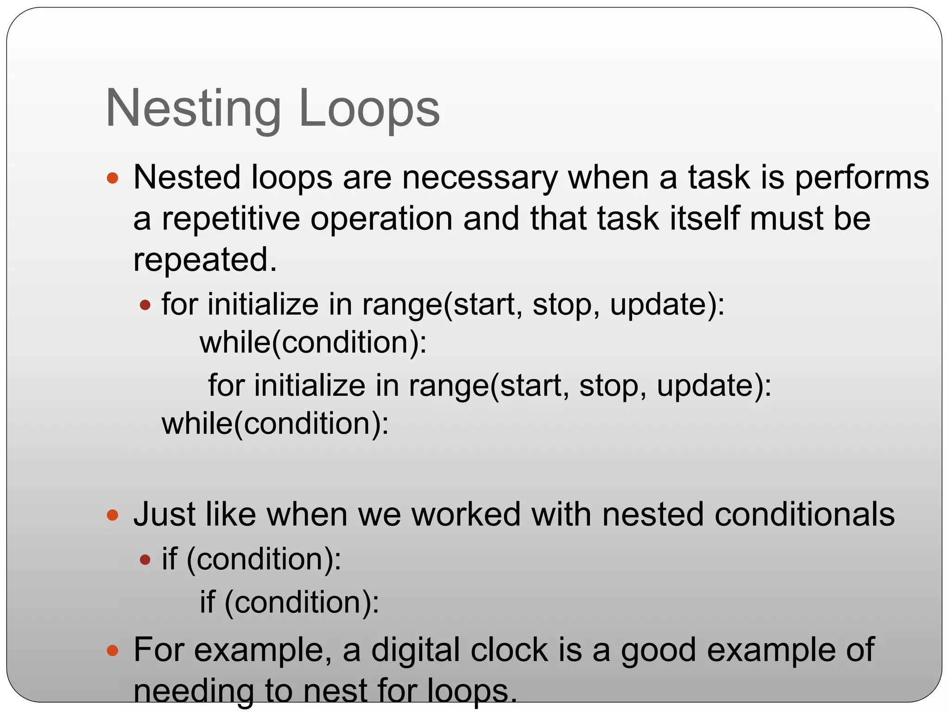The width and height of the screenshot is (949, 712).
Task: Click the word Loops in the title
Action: (x=369, y=109)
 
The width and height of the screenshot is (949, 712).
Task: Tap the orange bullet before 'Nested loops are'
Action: (x=113, y=178)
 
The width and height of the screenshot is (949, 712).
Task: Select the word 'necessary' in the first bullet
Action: (x=480, y=178)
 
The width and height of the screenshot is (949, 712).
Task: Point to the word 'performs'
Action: (x=862, y=178)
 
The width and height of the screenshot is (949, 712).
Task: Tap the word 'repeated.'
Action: (x=205, y=260)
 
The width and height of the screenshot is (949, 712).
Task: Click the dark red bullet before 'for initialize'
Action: (x=146, y=305)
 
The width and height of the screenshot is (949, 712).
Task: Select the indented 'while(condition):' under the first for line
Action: (x=313, y=343)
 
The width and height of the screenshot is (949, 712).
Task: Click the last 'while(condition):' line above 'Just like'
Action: (x=275, y=424)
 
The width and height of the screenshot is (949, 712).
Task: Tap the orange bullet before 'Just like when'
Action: (x=113, y=515)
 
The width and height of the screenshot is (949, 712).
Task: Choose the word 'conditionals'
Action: (x=804, y=515)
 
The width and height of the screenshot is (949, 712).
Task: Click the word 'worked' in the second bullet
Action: (x=466, y=515)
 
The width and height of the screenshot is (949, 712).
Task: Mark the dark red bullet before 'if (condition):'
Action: (x=146, y=560)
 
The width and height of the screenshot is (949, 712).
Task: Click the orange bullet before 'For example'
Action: (x=113, y=651)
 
